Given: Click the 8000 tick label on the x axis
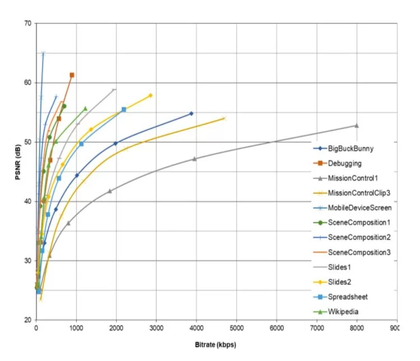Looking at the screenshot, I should coord(356,329).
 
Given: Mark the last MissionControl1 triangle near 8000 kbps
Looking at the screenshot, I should coord(356,125).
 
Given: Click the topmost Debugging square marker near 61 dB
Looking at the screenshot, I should coord(72,75).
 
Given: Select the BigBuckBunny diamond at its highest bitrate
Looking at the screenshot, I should coord(191,114).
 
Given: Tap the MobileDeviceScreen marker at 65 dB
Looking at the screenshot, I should coord(43,53).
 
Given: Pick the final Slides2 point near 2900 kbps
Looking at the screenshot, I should coord(150,96).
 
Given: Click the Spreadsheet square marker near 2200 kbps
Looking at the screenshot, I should coord(124,110).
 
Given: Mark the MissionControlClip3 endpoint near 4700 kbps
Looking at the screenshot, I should coord(224,118).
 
